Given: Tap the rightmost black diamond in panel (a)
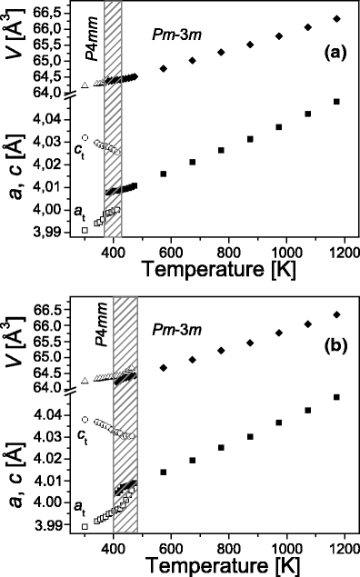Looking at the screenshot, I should tap(337, 18).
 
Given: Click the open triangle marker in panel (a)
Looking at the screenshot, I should tap(85, 85).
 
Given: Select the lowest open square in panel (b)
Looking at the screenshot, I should tap(85, 526).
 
